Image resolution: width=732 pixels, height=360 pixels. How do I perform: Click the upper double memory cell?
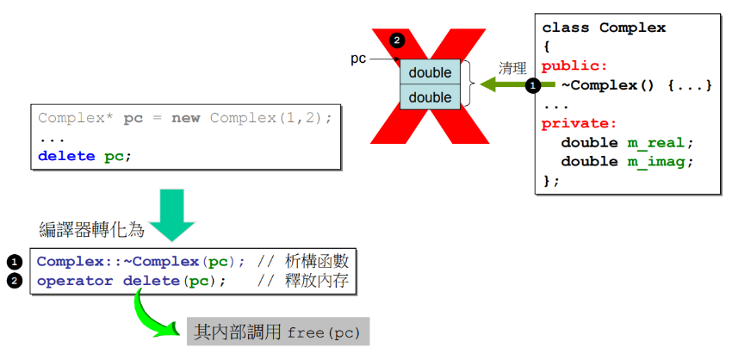point(430,71)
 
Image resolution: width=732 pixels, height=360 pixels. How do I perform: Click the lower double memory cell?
point(430,97)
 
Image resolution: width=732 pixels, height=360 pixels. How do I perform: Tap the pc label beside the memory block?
point(359,59)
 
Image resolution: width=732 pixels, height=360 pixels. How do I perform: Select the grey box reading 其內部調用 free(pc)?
point(278,332)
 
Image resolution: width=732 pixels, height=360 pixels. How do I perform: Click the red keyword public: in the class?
point(574,65)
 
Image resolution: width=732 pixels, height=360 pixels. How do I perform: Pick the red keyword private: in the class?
point(579,123)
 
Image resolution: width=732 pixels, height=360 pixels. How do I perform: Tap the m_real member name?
point(657,142)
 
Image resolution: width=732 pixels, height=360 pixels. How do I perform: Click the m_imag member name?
point(657,161)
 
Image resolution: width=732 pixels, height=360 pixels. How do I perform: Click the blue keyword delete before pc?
point(67,156)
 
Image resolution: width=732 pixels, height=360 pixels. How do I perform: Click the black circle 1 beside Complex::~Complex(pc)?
point(15,261)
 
